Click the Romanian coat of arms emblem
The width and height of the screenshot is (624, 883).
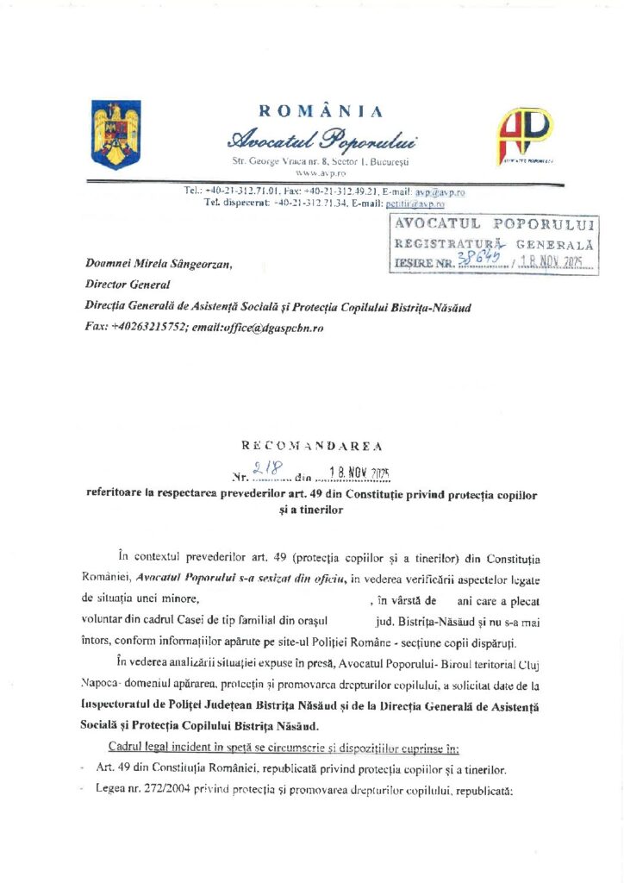115,134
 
